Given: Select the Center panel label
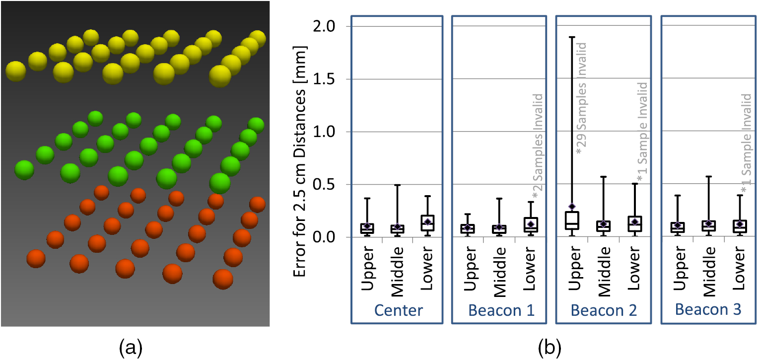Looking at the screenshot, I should coord(399,311).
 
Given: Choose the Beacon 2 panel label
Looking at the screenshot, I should coord(603,311).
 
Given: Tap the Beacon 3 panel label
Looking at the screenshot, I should coord(708,311).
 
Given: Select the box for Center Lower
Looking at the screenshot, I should coord(427,223).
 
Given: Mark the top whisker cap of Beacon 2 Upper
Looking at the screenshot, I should coord(572,37).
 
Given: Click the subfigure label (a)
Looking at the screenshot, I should coord(132,349).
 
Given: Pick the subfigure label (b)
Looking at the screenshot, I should coord(549,349).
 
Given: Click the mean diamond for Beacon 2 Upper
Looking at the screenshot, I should coord(572,206).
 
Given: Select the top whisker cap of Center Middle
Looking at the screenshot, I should coord(398,185).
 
